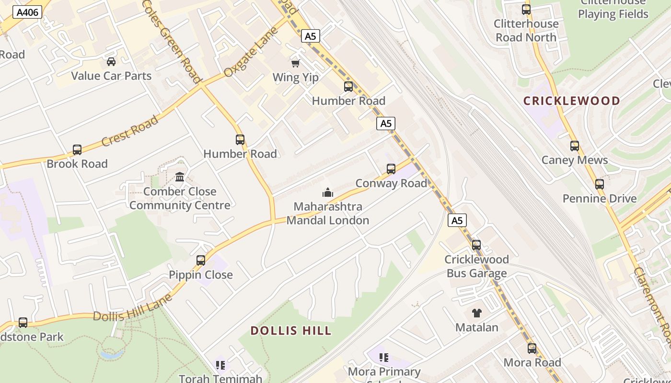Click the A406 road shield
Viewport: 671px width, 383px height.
[27, 12]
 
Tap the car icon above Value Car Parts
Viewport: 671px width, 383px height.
[111, 62]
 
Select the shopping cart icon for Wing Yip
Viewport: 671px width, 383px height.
[295, 63]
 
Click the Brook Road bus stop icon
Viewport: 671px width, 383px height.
[77, 150]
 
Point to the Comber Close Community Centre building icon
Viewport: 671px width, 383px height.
[180, 177]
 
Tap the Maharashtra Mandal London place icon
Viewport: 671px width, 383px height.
[328, 192]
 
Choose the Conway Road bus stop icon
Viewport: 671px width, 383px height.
[391, 169]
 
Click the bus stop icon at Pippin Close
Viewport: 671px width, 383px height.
[201, 260]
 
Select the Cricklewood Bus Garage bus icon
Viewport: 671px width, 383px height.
[476, 245]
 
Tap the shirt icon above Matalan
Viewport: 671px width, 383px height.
[476, 313]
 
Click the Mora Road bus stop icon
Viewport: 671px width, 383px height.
[532, 349]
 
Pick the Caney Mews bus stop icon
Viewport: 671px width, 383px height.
[575, 146]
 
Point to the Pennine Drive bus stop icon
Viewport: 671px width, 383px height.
[600, 184]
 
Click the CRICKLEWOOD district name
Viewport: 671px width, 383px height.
[571, 101]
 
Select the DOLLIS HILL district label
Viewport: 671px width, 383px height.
[291, 331]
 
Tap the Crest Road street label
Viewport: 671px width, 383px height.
[130, 131]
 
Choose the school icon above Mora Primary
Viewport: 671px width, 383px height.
[383, 358]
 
